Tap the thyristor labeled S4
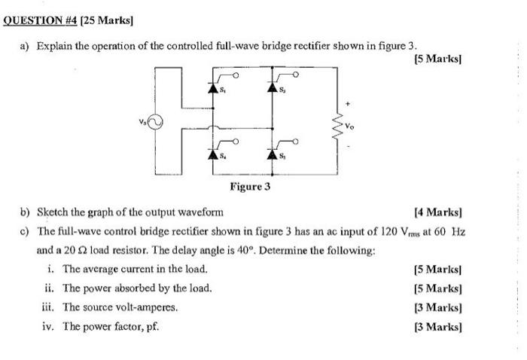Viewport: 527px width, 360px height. tap(213, 154)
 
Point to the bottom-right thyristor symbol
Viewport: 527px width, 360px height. tap(273, 154)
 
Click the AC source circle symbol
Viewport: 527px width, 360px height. tap(155, 121)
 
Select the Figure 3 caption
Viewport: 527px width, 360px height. tap(250, 187)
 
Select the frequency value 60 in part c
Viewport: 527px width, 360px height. tap(436, 231)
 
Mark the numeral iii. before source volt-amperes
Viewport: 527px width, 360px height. tap(50, 307)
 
